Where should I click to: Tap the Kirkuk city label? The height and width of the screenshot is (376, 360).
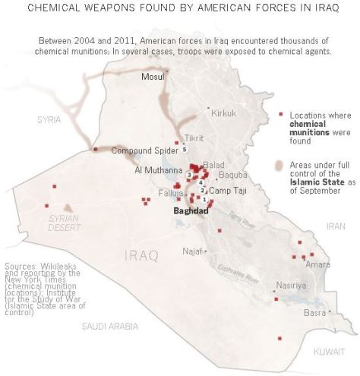pos(224,112)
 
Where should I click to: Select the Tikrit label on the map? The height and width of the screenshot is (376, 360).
pos(195,138)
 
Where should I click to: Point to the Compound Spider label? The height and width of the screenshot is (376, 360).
pos(141,150)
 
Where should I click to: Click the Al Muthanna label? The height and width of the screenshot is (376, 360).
pos(158,170)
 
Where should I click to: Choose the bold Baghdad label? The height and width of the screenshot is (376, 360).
pos(191,210)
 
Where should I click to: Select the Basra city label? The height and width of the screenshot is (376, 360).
pos(314,312)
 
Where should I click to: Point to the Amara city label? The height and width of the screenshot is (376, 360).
pos(318,264)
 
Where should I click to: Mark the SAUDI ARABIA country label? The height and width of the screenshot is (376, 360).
pos(110,326)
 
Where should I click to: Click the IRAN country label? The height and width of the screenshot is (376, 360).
pos(335,226)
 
